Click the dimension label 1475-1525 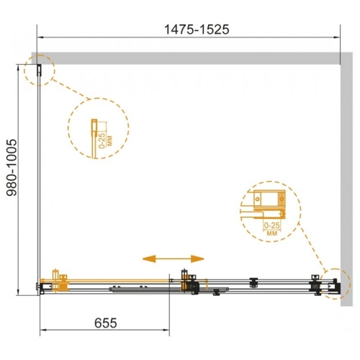197,30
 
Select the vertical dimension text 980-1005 12,168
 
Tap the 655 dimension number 106,323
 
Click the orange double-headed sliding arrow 173,258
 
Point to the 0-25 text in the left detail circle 102,141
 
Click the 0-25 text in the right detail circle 272,225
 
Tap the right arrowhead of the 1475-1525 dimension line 336,37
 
